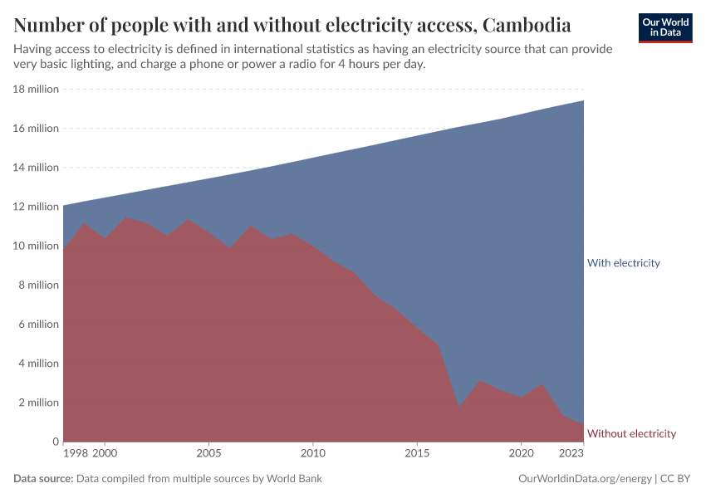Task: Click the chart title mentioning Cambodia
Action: tap(292, 22)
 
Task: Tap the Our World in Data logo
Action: tap(665, 27)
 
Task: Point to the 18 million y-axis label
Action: tap(36, 89)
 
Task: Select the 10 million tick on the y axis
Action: tap(36, 246)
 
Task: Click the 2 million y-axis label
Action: tap(38, 403)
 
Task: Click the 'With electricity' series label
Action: tap(623, 263)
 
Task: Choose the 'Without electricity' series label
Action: tap(631, 433)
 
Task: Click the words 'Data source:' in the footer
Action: tap(43, 479)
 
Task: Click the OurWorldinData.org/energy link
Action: tap(584, 479)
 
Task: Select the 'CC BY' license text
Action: tap(677, 479)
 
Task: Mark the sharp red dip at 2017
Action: tap(458, 408)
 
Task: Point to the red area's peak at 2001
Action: tap(125, 218)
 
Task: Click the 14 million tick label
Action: tap(36, 168)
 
